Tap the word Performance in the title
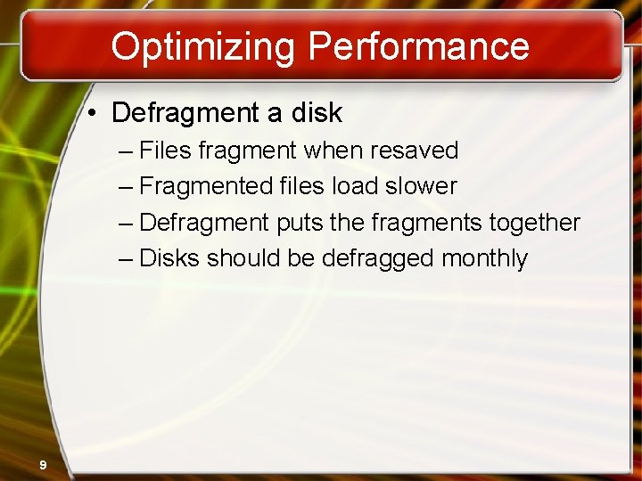click(418, 46)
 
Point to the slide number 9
click(43, 463)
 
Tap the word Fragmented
click(204, 186)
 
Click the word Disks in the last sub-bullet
click(170, 258)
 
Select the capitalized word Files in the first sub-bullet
click(166, 151)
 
